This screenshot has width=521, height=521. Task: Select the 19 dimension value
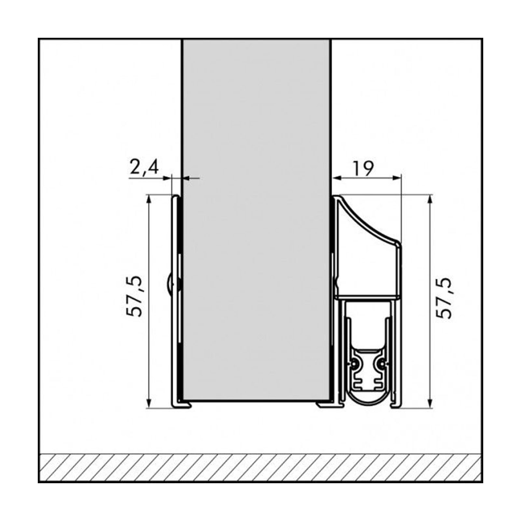pyautogui.click(x=363, y=168)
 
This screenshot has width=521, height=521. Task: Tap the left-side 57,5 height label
pyautogui.click(x=134, y=296)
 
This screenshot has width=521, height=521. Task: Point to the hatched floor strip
pyautogui.click(x=260, y=467)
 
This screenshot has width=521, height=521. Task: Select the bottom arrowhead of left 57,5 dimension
pyautogui.click(x=149, y=404)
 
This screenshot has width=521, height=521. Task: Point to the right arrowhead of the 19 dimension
pyautogui.click(x=397, y=177)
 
